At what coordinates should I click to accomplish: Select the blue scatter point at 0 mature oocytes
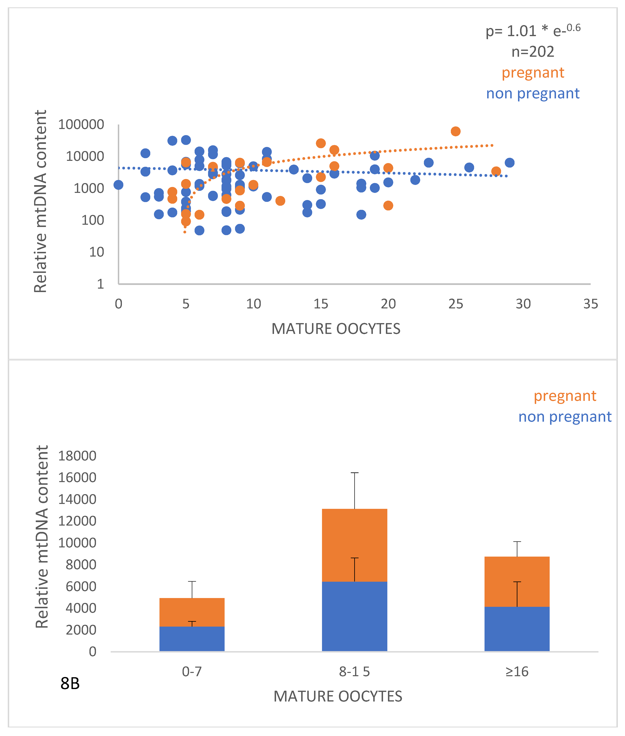[118, 185]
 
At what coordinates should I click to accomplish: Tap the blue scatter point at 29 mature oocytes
[509, 163]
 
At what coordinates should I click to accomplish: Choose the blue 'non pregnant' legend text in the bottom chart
[565, 417]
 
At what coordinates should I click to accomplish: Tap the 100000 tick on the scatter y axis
[81, 124]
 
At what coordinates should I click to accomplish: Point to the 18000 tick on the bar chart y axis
[77, 456]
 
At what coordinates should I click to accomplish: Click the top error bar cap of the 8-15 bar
[354, 473]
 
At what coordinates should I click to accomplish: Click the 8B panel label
[70, 684]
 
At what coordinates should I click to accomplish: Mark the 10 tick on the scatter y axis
[96, 252]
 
